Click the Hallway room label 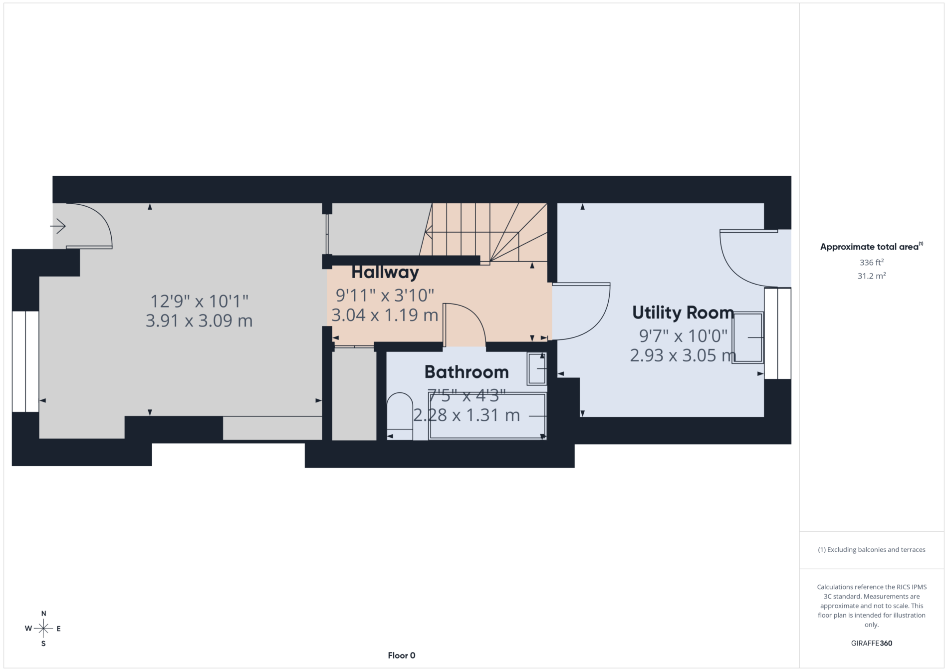(x=385, y=273)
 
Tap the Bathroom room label (x=467, y=372)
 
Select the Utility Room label (x=683, y=313)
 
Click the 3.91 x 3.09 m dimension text (x=199, y=321)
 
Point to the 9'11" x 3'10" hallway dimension (x=385, y=296)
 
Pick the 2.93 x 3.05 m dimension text (x=683, y=355)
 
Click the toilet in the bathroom (x=400, y=416)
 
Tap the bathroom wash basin (x=537, y=368)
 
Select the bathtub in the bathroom (x=487, y=415)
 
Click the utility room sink (x=747, y=337)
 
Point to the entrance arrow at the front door (x=58, y=226)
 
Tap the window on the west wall (x=25, y=361)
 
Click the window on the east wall (x=777, y=333)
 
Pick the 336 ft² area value (x=871, y=262)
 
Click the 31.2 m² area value (x=871, y=276)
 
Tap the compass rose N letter (x=43, y=614)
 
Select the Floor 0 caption (x=401, y=656)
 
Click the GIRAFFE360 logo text (x=871, y=643)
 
